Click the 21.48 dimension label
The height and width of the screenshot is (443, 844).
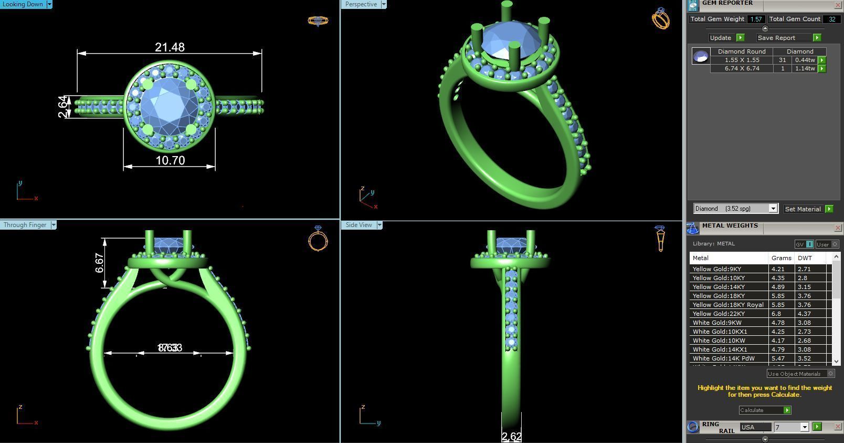(170, 47)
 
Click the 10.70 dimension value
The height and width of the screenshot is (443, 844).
(170, 160)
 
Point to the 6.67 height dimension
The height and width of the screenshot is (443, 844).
(99, 263)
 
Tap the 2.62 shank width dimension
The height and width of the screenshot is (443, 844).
(511, 436)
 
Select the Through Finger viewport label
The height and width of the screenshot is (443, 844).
(25, 225)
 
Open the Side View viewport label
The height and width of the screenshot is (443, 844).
(358, 225)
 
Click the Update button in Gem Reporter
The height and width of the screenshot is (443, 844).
(721, 38)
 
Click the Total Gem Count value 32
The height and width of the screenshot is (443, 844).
(832, 19)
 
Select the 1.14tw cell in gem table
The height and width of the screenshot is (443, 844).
(805, 68)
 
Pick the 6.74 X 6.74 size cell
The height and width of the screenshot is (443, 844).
(742, 68)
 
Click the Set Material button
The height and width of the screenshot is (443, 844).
(803, 209)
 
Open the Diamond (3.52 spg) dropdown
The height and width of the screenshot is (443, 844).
(735, 209)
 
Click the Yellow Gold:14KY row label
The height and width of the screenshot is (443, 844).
(719, 287)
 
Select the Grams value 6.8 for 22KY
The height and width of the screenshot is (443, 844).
(776, 314)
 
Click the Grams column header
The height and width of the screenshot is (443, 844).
(781, 258)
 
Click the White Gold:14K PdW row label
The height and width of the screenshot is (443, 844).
(723, 358)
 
